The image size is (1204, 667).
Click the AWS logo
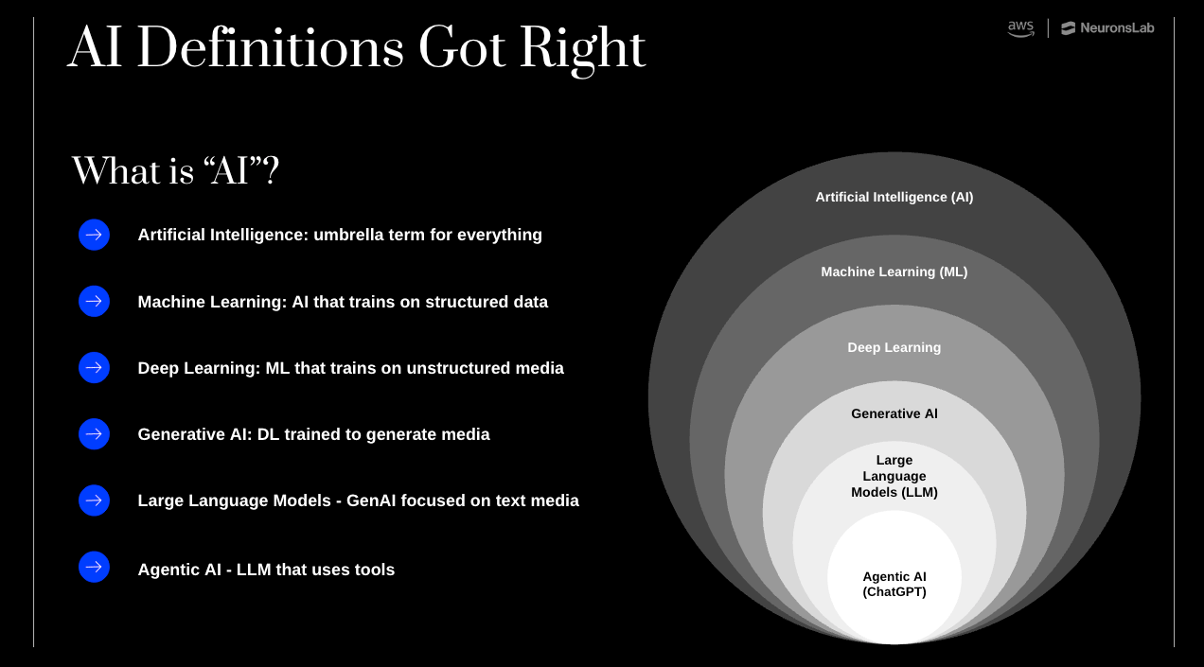tap(1020, 28)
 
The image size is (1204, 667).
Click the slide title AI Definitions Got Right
tap(357, 49)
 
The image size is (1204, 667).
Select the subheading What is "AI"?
tap(175, 171)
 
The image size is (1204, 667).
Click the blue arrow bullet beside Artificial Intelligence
tap(94, 235)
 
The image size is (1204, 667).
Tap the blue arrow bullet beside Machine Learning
tap(94, 302)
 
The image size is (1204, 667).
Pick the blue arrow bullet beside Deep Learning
tap(94, 368)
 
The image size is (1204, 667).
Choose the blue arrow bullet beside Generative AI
tap(94, 434)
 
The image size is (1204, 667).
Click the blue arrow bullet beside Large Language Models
tap(94, 500)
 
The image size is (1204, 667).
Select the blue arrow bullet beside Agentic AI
tap(94, 568)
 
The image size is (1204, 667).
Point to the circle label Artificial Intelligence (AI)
tap(894, 197)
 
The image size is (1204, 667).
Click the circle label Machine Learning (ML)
tap(894, 272)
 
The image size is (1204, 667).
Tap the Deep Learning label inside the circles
tap(894, 347)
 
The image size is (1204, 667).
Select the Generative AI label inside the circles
tap(894, 413)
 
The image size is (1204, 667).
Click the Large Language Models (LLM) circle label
tap(894, 476)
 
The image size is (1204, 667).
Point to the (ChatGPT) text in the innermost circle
tap(894, 592)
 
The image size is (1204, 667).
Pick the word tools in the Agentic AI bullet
tap(372, 570)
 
